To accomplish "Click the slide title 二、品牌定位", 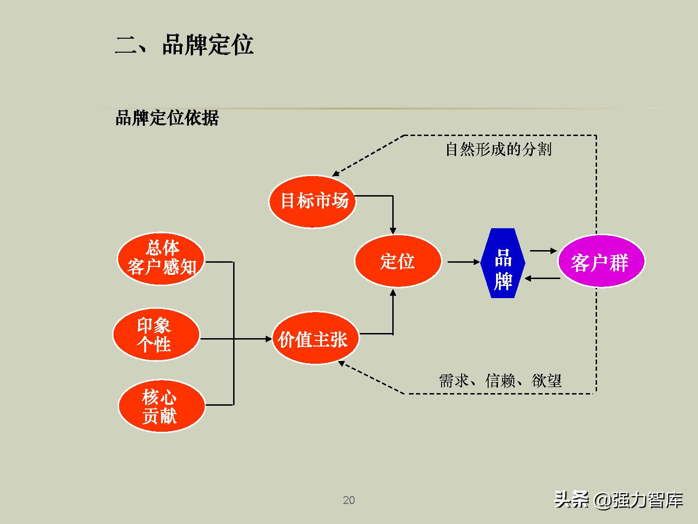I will (184, 45).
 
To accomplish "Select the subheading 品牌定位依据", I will (167, 118).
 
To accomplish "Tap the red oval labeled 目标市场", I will (313, 201).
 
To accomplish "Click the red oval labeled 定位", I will (397, 261).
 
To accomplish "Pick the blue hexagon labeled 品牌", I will (503, 264).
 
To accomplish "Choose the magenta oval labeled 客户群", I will (600, 262).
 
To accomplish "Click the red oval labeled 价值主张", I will (315, 339).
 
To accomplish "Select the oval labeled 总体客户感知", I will (161, 259).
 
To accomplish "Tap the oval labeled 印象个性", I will (155, 334).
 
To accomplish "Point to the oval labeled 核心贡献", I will (161, 406).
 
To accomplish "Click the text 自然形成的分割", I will (498, 150).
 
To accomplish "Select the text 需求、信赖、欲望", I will (500, 381).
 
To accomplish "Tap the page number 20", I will (349, 500).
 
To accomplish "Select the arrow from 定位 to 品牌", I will (463, 262).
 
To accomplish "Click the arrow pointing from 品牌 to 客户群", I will (543, 251).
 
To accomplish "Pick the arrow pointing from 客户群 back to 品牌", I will (542, 279).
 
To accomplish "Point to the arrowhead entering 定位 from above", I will (393, 230).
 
